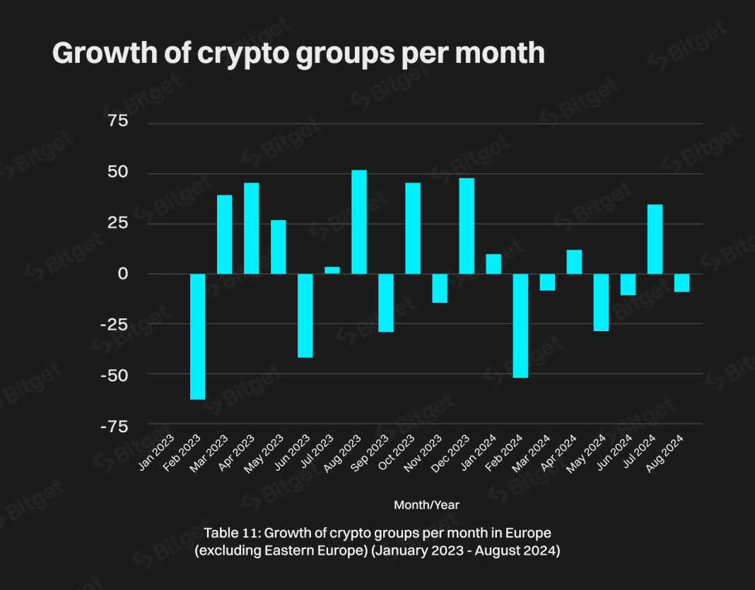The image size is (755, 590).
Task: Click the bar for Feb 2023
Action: pos(197,336)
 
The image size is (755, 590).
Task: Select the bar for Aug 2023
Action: pos(359,222)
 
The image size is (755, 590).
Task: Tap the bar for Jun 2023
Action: pos(305,316)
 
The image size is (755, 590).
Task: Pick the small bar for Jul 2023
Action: pos(332,270)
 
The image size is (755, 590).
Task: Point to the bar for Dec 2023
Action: pos(467,226)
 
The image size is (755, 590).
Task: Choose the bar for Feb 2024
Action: pos(520,325)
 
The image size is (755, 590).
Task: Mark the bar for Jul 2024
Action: pos(655,239)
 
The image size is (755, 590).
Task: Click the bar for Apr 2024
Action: pos(574,262)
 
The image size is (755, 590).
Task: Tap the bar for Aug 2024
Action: pos(681,283)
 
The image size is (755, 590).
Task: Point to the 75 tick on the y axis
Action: pos(118,122)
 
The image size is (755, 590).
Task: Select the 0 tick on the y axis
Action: pos(123,274)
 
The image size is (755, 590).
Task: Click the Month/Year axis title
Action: pos(426,505)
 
